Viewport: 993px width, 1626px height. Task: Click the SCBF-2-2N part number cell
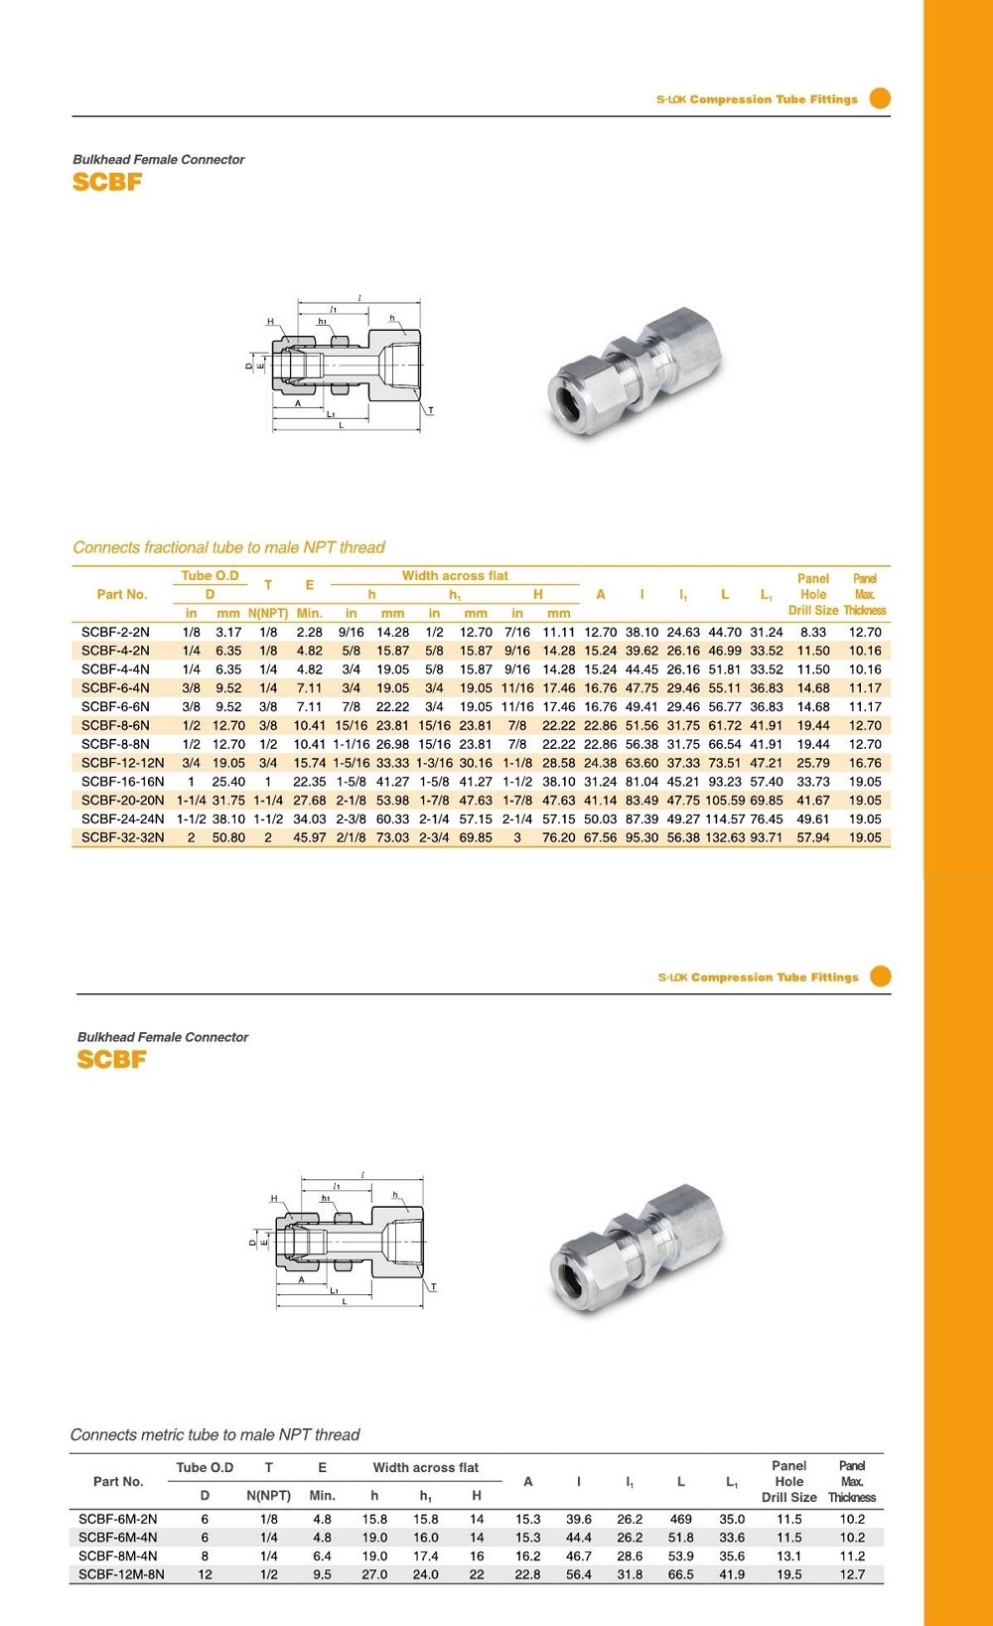(x=115, y=632)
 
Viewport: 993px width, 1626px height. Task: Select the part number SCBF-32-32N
(x=123, y=837)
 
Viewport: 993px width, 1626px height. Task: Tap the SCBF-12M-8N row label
(x=121, y=1574)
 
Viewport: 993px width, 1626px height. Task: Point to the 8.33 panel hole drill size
(x=812, y=632)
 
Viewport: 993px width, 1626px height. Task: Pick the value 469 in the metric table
(x=680, y=1519)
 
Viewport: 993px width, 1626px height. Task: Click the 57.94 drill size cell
(x=812, y=837)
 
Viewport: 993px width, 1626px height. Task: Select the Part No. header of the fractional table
(x=122, y=594)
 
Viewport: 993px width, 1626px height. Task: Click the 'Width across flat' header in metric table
(x=425, y=1467)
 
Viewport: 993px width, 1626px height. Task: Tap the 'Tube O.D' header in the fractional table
(x=210, y=576)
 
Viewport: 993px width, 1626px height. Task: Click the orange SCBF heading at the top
(x=107, y=182)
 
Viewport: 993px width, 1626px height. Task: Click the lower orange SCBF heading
(x=111, y=1060)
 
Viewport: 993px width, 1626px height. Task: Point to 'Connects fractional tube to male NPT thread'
(x=228, y=547)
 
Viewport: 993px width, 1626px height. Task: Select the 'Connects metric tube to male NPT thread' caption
(x=214, y=1435)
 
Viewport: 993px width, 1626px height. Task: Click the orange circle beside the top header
(x=880, y=98)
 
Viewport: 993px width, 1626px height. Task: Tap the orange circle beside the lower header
(x=881, y=976)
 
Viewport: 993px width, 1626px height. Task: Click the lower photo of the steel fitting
(x=637, y=1247)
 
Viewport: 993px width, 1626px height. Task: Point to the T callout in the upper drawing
(x=430, y=410)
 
